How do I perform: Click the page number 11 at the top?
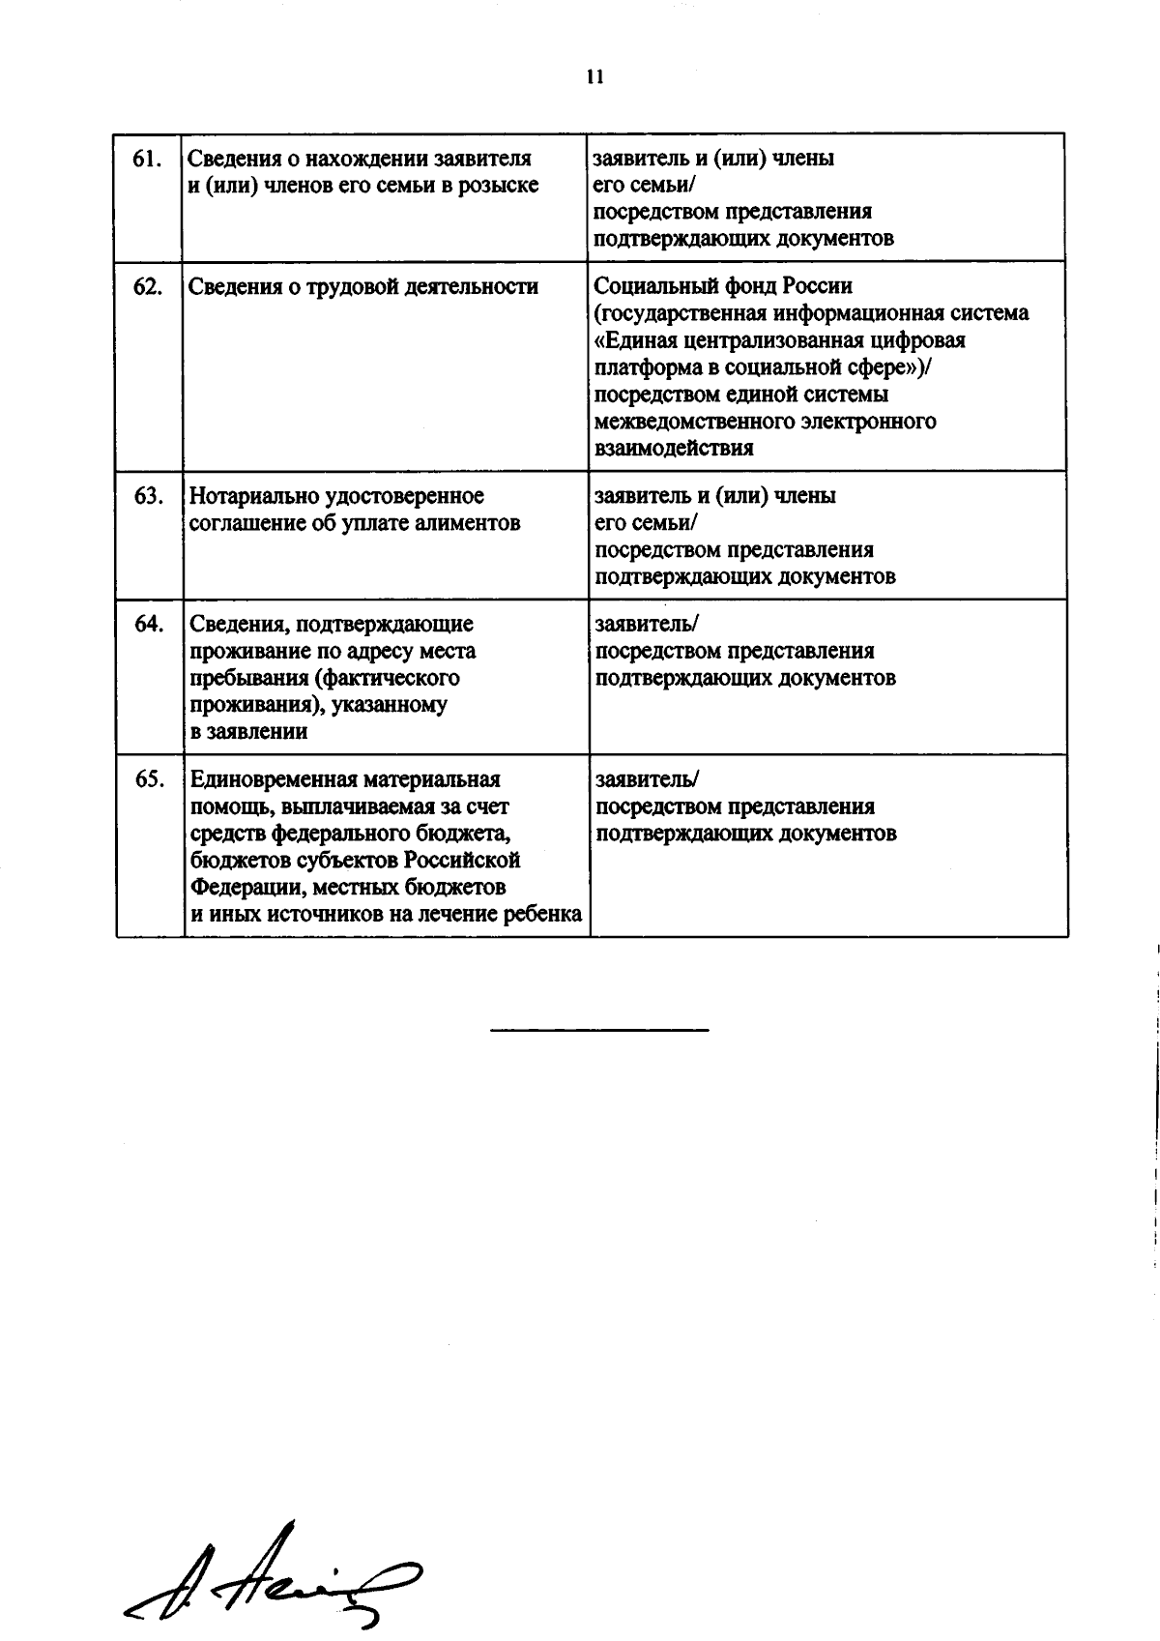(594, 78)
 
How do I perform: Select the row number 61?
(146, 159)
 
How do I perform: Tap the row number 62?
(147, 286)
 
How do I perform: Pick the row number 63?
(147, 496)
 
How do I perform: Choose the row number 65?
(149, 779)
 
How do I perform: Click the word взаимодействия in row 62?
(675, 449)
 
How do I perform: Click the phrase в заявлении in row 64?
(249, 732)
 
